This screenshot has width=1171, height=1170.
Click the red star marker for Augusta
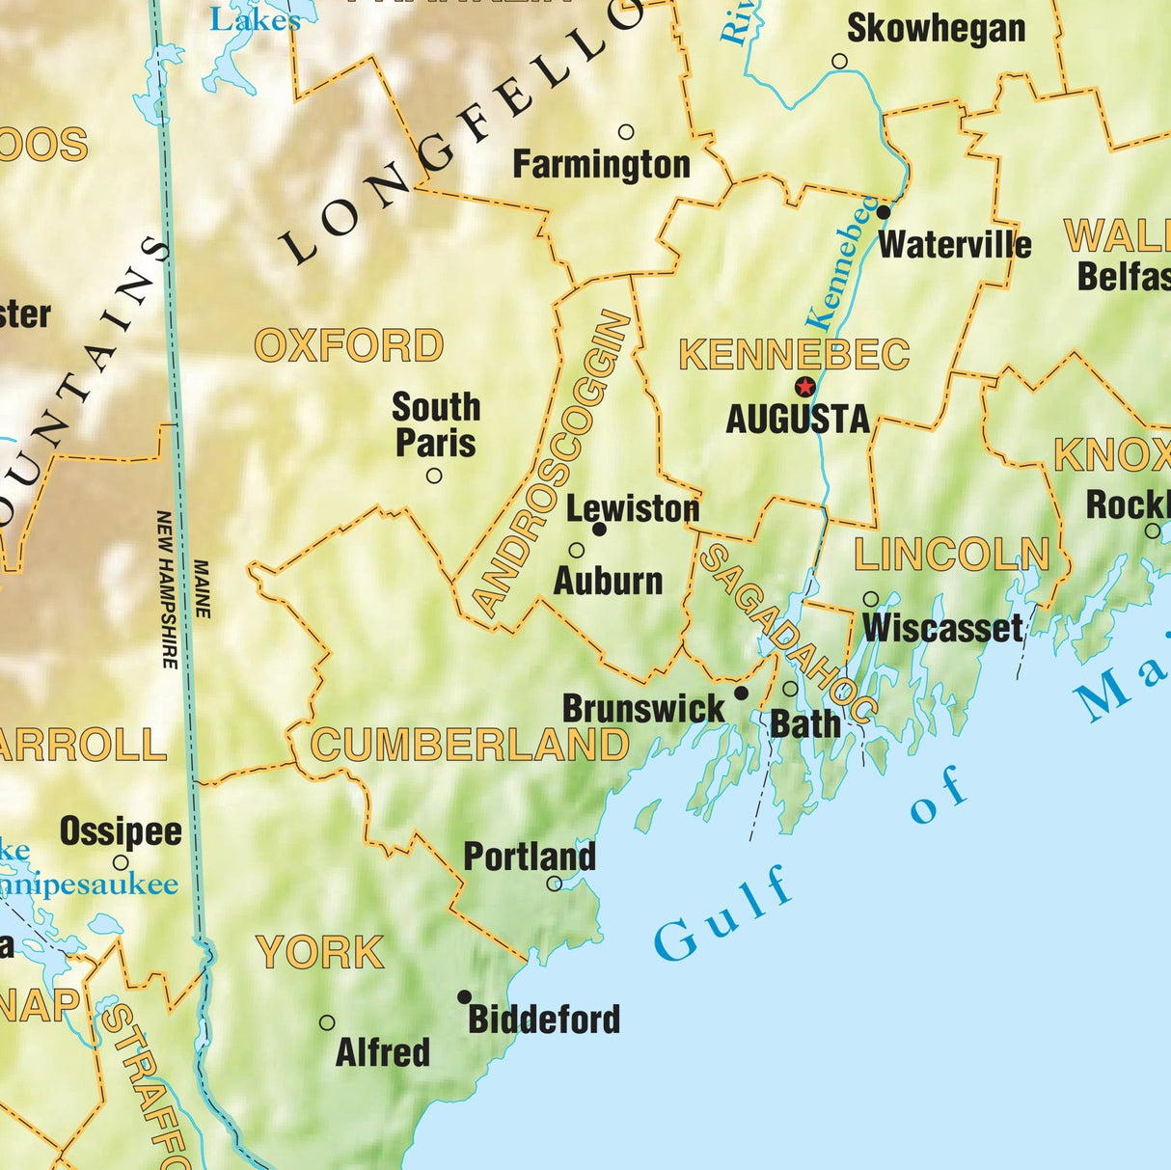(804, 387)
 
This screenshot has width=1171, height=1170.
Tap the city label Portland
(530, 857)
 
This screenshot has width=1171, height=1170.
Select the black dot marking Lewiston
(599, 530)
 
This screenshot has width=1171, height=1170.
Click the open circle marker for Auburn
(577, 551)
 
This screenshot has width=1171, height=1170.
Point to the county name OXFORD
(349, 346)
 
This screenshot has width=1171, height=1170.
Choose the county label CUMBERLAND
(470, 746)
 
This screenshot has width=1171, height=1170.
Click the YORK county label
(320, 953)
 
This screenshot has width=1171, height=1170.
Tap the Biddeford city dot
(464, 996)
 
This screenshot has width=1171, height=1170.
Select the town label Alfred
(382, 1052)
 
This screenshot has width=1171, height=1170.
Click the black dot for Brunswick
(741, 693)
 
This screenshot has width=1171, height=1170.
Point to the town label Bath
(805, 723)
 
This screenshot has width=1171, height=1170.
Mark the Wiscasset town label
(942, 629)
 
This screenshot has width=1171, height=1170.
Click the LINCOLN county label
(951, 555)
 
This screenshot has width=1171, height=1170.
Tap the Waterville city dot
(884, 211)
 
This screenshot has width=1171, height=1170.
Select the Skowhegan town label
(936, 29)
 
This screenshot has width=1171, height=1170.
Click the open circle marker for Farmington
(626, 132)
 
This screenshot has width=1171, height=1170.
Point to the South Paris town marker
(434, 476)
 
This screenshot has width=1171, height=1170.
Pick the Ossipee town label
(121, 831)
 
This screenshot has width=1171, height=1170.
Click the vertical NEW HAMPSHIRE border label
(168, 589)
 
